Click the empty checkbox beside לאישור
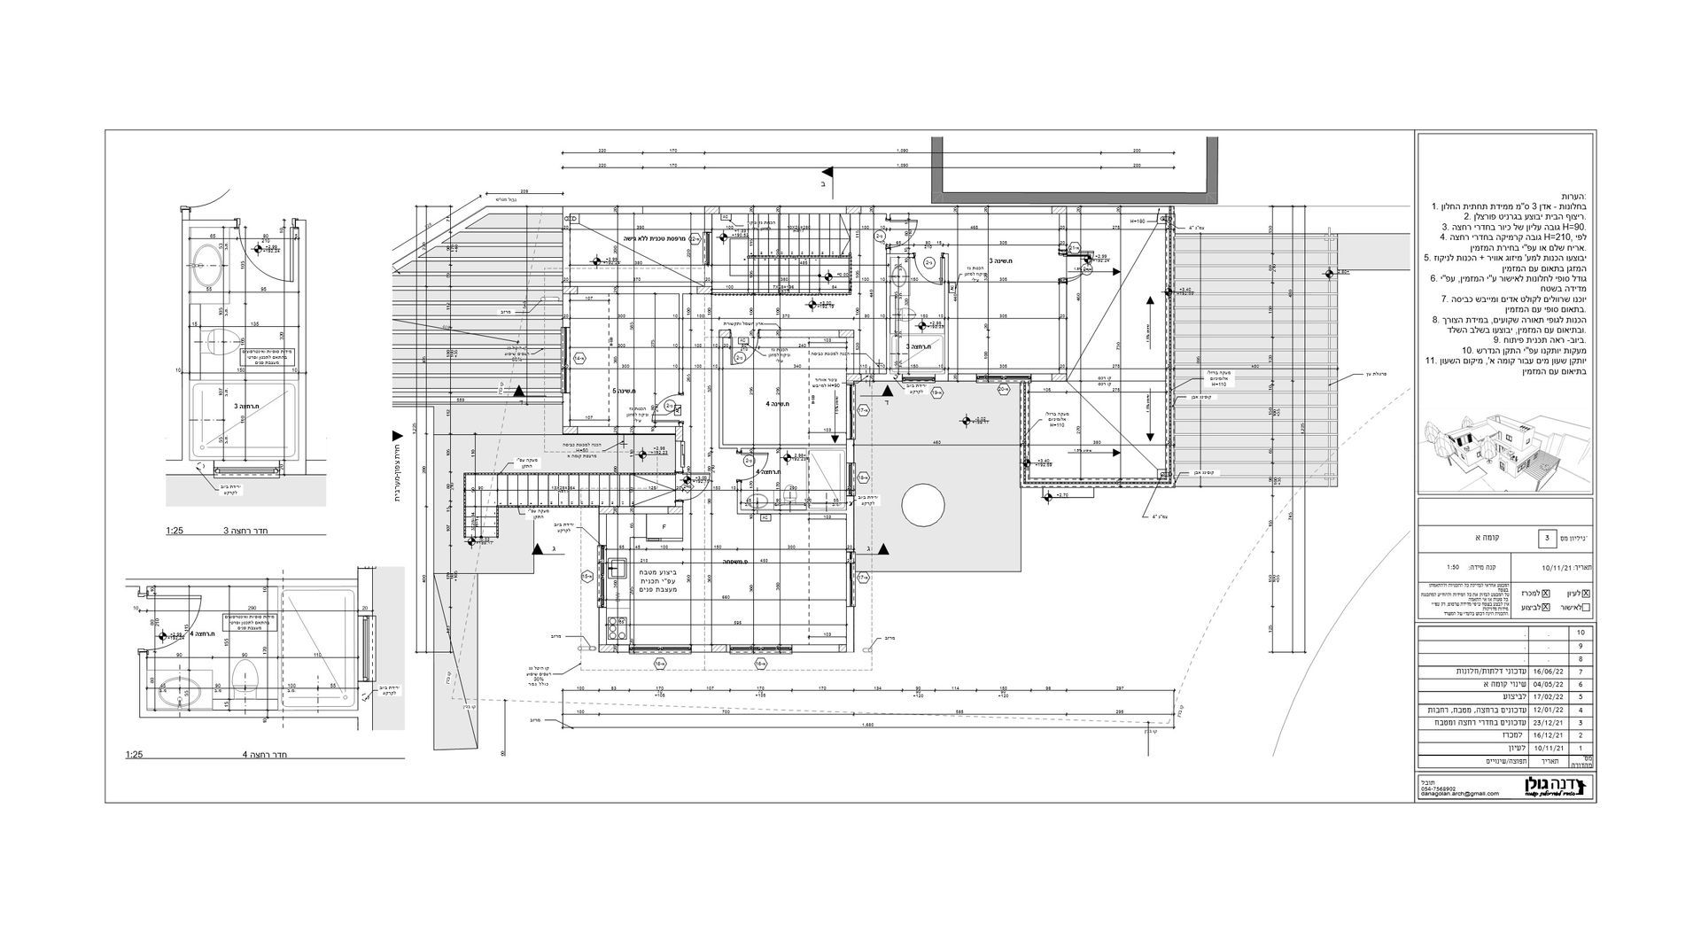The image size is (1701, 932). point(1586,608)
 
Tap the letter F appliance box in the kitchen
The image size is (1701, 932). point(664,526)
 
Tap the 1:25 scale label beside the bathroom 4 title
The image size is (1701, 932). point(136,756)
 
